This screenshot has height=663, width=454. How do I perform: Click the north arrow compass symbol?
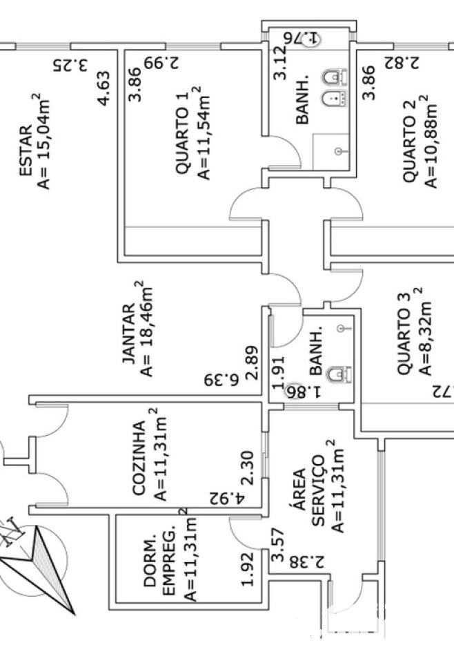(x=38, y=559)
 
